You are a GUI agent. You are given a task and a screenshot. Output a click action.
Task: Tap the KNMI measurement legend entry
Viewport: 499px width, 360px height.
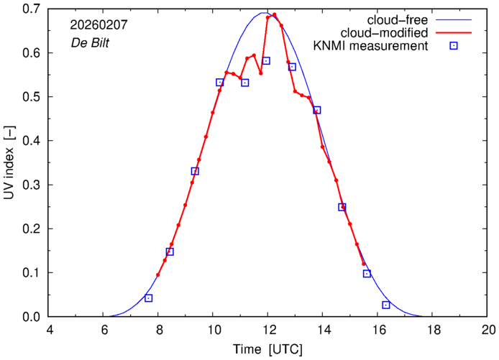[x=381, y=47]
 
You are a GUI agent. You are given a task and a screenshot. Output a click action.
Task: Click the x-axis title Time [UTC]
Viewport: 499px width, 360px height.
[x=267, y=350]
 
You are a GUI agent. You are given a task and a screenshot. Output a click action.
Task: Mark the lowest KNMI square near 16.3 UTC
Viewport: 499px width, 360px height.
[x=386, y=305]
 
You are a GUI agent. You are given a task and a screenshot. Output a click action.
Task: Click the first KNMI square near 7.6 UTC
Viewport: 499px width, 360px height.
[x=149, y=298]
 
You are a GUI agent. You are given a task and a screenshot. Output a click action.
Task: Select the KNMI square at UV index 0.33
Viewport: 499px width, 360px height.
[x=195, y=171]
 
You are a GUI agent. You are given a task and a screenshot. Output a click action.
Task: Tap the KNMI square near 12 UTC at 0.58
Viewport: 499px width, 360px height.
[x=266, y=61]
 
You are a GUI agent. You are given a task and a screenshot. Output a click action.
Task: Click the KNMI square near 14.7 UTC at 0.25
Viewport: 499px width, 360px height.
[x=342, y=207]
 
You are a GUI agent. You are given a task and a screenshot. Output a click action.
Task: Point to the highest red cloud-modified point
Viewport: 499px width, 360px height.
[x=275, y=14]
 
